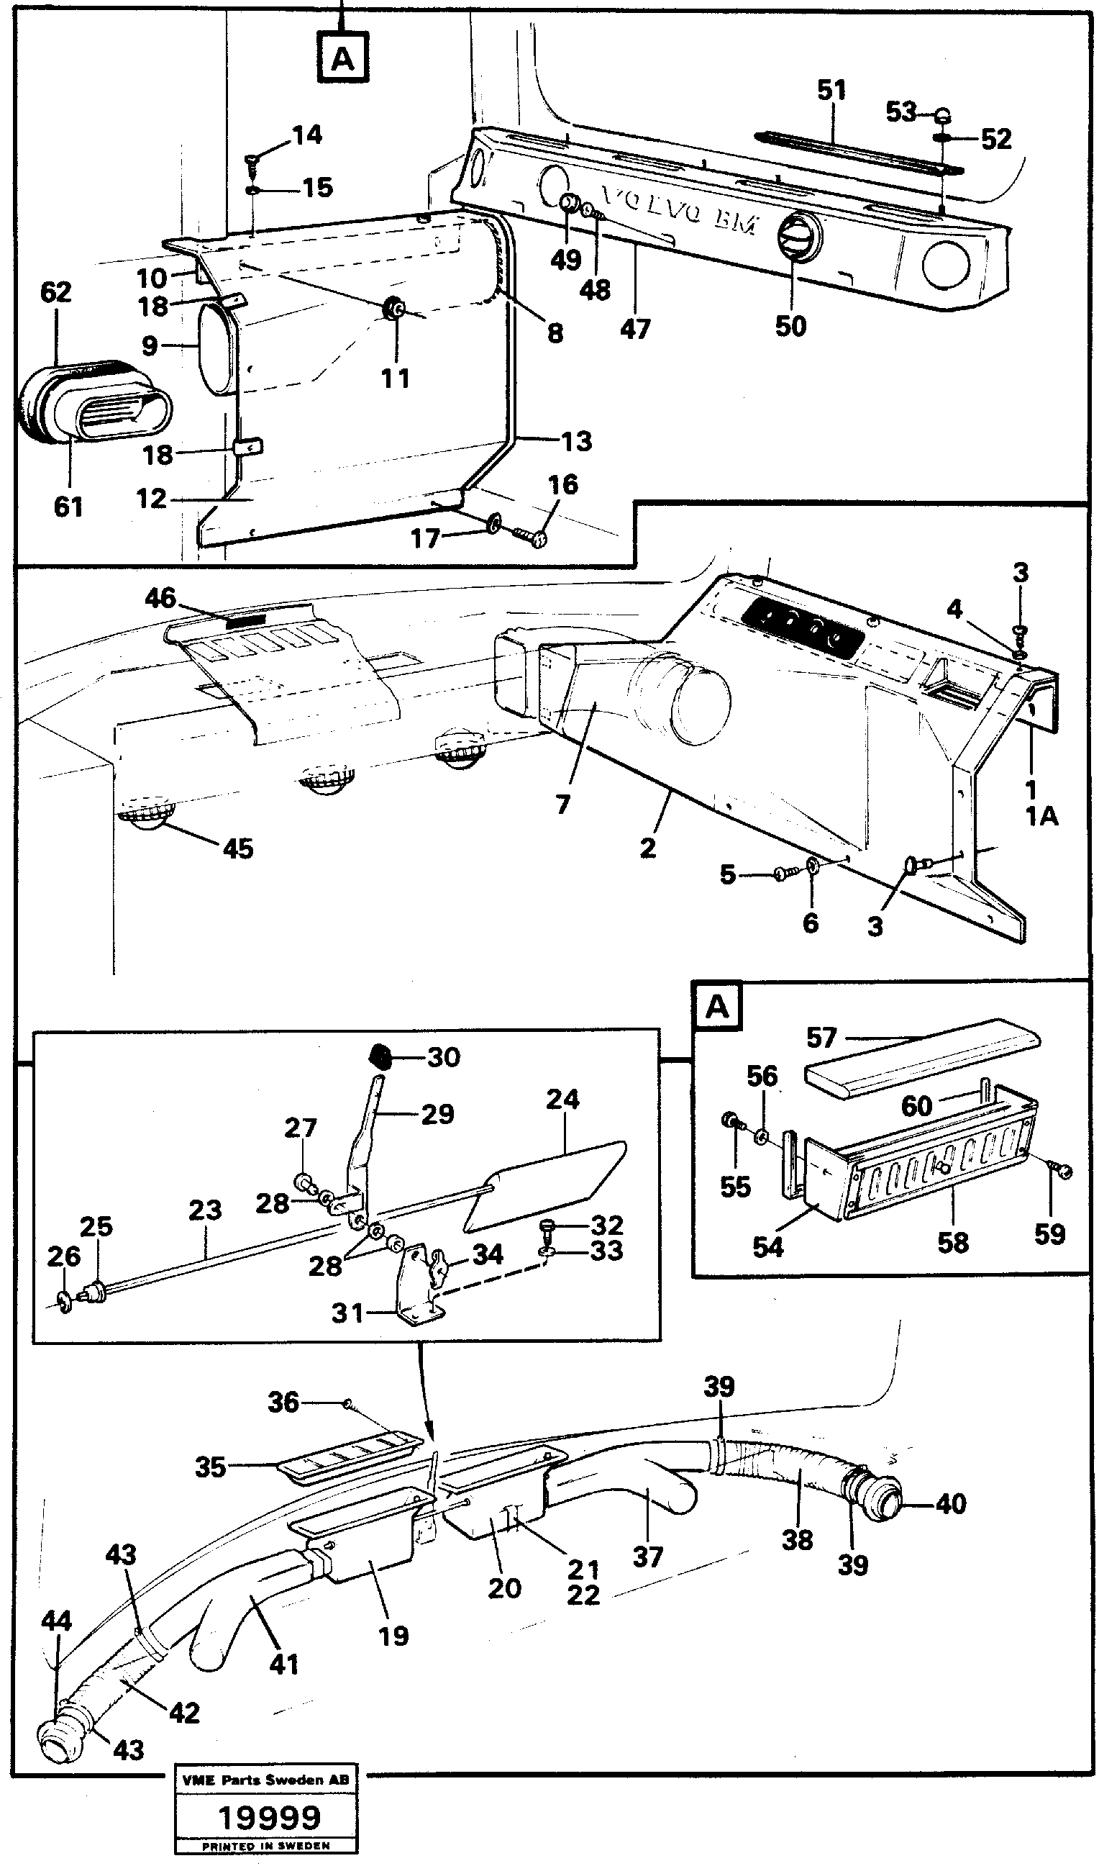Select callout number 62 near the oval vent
click(55, 292)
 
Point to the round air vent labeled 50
click(793, 236)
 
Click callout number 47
click(634, 328)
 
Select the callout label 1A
click(1041, 816)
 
